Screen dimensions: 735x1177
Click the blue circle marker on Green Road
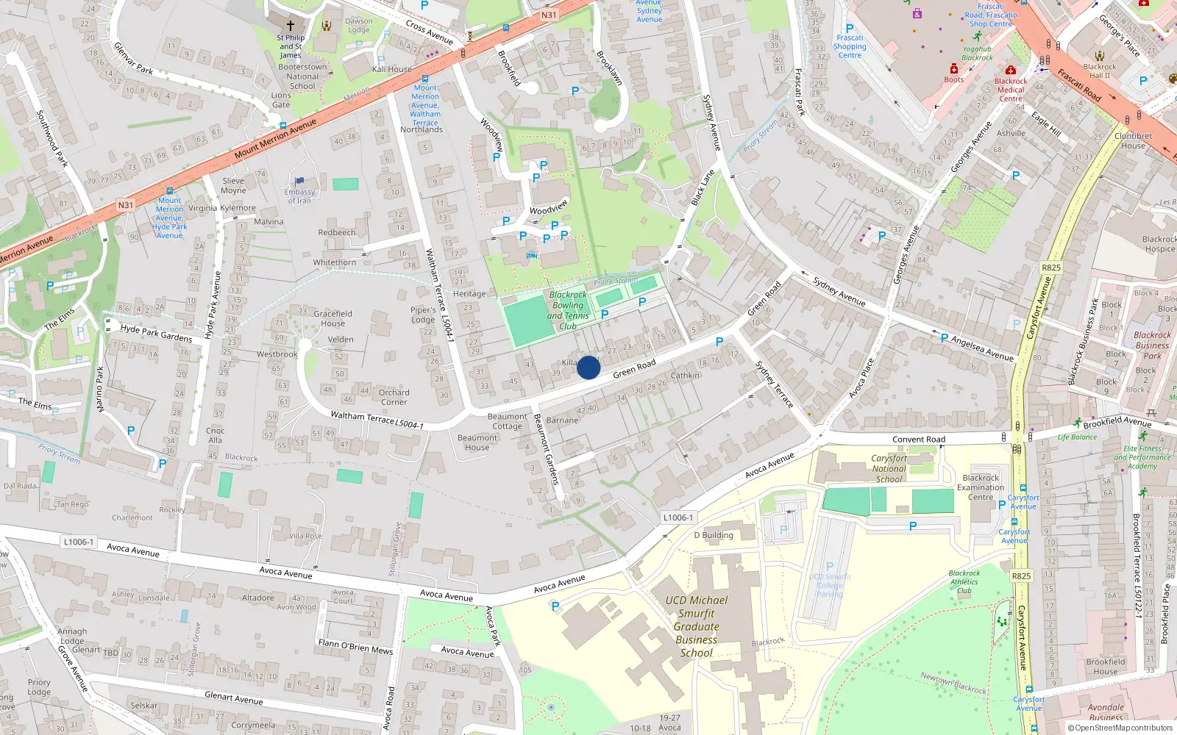click(588, 367)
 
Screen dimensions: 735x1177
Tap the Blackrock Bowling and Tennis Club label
click(568, 310)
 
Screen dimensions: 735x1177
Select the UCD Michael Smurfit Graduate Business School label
click(696, 626)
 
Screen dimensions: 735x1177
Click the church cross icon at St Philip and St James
click(290, 25)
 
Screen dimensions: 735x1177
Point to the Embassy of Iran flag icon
click(299, 181)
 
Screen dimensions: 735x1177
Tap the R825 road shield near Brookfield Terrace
click(1021, 576)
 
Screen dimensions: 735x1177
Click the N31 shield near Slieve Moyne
click(126, 205)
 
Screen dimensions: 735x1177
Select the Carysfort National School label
click(889, 468)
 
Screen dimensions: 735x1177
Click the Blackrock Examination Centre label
click(981, 487)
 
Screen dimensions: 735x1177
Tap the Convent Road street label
click(919, 440)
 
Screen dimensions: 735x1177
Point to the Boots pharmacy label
click(954, 79)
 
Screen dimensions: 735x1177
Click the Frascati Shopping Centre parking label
click(850, 46)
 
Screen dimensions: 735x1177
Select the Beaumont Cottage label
click(507, 421)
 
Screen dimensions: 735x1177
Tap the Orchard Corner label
click(394, 397)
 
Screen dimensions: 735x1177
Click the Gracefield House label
click(333, 318)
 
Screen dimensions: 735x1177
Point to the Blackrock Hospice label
click(1159, 244)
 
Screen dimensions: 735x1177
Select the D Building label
click(714, 535)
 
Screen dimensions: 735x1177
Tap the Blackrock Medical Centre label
click(1011, 90)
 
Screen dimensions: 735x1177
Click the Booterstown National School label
click(302, 76)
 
